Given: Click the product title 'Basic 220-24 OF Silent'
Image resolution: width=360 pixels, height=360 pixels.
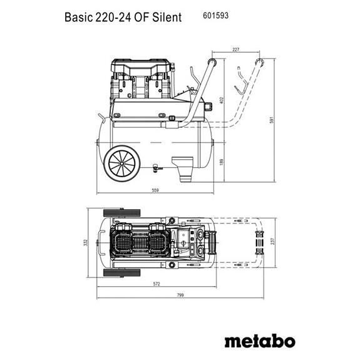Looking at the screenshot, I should point(123,17).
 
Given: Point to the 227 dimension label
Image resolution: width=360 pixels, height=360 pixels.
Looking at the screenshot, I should point(235,50).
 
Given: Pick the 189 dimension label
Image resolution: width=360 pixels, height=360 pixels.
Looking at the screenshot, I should point(221,162).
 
